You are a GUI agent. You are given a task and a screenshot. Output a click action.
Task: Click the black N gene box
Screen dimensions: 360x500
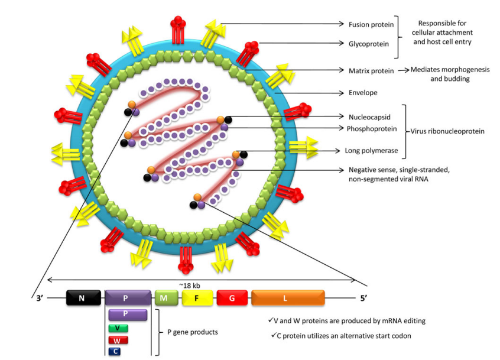pos(81,297)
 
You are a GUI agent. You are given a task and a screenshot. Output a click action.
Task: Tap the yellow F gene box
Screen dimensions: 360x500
pos(196,297)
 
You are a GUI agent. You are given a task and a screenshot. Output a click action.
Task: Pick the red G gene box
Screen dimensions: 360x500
pos(231,297)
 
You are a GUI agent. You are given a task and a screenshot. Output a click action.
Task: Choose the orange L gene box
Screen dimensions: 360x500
pos(287,297)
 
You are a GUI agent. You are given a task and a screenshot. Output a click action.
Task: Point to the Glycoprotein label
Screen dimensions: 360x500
pos(368,43)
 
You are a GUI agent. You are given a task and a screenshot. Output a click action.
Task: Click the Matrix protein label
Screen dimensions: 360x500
pos(371,70)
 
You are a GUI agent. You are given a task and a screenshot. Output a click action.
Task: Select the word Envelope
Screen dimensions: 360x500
pos(363,93)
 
